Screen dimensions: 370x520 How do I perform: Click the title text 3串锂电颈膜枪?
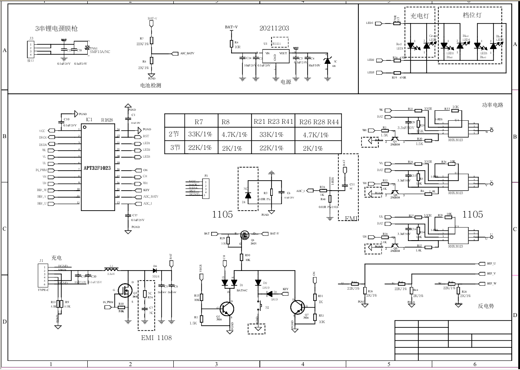(56, 29)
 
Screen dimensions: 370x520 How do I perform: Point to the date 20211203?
(274, 28)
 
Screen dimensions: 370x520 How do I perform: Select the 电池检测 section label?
(150, 86)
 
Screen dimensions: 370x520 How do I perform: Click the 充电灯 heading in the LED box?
(419, 16)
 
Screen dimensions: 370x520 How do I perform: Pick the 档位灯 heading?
(472, 15)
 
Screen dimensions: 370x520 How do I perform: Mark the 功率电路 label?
(493, 105)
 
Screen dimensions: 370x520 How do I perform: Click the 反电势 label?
(486, 306)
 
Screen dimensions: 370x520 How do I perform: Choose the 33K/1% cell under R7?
(200, 135)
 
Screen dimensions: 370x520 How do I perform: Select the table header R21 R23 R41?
(273, 122)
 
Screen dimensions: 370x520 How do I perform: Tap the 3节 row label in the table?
(175, 148)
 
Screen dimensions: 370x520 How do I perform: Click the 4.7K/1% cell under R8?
(234, 135)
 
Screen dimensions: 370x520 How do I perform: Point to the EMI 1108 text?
(156, 337)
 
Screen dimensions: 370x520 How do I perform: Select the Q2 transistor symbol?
(226, 309)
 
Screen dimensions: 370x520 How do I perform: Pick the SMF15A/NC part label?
(100, 52)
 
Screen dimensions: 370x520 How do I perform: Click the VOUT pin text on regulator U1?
(283, 53)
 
